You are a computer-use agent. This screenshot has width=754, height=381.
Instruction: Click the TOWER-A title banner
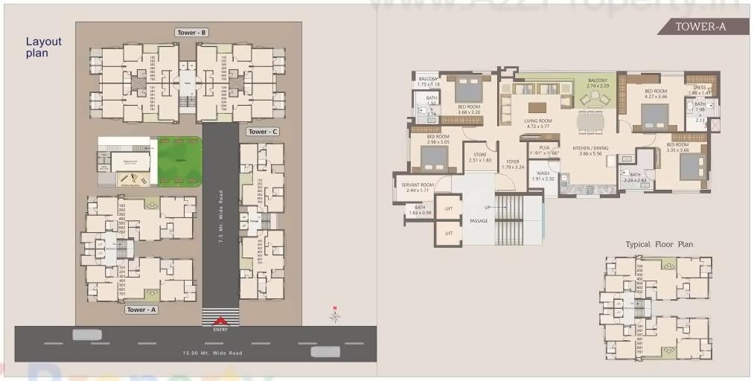[700, 27]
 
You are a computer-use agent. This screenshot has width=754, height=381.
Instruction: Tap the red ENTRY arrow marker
[220, 321]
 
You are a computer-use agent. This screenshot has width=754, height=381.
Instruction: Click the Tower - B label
[191, 33]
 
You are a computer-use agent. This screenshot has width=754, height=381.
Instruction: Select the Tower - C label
[263, 132]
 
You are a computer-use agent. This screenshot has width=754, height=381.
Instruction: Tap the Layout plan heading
[43, 48]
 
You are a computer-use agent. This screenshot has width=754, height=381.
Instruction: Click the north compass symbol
[336, 315]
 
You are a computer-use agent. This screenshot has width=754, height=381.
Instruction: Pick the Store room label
[479, 155]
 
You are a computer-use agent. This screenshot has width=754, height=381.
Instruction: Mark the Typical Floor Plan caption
[659, 244]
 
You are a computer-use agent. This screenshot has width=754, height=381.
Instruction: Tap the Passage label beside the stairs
[479, 220]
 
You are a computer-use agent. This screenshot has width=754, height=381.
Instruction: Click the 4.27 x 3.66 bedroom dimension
[656, 97]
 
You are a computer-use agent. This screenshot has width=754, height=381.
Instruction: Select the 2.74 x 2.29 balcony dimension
[597, 86]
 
